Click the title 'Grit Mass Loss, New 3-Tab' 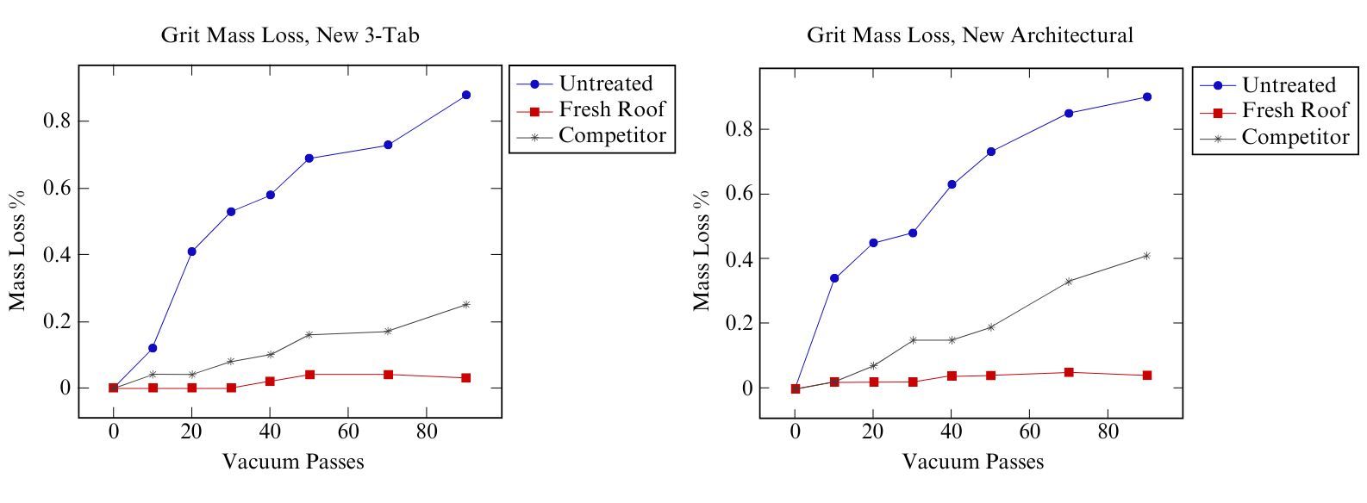pyautogui.click(x=290, y=35)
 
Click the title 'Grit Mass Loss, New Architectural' pyautogui.click(x=970, y=35)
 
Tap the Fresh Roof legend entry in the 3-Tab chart pyautogui.click(x=611, y=109)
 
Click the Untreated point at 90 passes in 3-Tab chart pyautogui.click(x=466, y=95)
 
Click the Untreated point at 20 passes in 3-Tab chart pyautogui.click(x=191, y=251)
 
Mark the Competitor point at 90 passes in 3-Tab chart pyautogui.click(x=466, y=304)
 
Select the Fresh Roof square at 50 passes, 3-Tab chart pyautogui.click(x=309, y=375)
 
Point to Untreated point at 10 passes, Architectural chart pyautogui.click(x=834, y=278)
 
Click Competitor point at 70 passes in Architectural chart pyautogui.click(x=1069, y=282)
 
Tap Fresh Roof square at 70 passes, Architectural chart pyautogui.click(x=1069, y=372)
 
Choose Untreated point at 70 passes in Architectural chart pyautogui.click(x=1069, y=113)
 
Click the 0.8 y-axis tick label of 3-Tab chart pyautogui.click(x=57, y=121)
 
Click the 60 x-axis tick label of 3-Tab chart pyautogui.click(x=348, y=434)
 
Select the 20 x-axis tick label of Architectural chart pyautogui.click(x=873, y=434)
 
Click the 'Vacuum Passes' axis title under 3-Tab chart pyautogui.click(x=293, y=463)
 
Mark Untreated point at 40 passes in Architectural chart pyautogui.click(x=952, y=184)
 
